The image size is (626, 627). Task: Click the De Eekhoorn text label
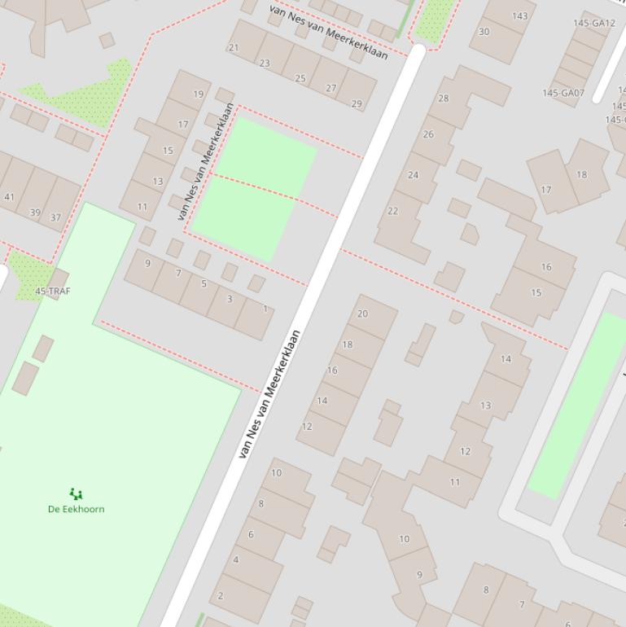pyautogui.click(x=76, y=509)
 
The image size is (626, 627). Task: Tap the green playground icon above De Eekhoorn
pyautogui.click(x=76, y=493)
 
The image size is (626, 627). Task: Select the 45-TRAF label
pyautogui.click(x=52, y=291)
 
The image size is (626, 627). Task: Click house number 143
pyautogui.click(x=519, y=16)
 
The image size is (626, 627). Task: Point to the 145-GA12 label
pyautogui.click(x=594, y=24)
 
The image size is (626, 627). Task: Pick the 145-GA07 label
pyautogui.click(x=563, y=93)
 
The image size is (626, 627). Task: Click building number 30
pyautogui.click(x=484, y=32)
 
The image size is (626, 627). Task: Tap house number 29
pyautogui.click(x=356, y=103)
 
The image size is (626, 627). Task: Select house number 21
pyautogui.click(x=234, y=47)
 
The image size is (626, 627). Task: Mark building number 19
pyautogui.click(x=198, y=94)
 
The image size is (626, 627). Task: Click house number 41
pyautogui.click(x=10, y=197)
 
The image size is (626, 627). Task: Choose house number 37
pyautogui.click(x=55, y=217)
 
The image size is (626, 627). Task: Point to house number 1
pyautogui.click(x=265, y=309)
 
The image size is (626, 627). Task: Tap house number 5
pyautogui.click(x=204, y=283)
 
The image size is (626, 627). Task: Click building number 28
pyautogui.click(x=443, y=99)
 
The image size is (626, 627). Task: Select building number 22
pyautogui.click(x=392, y=211)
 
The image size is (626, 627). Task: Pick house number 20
pyautogui.click(x=362, y=313)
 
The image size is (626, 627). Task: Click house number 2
pyautogui.click(x=220, y=596)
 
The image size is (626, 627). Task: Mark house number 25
pyautogui.click(x=300, y=78)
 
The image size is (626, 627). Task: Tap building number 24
pyautogui.click(x=413, y=175)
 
